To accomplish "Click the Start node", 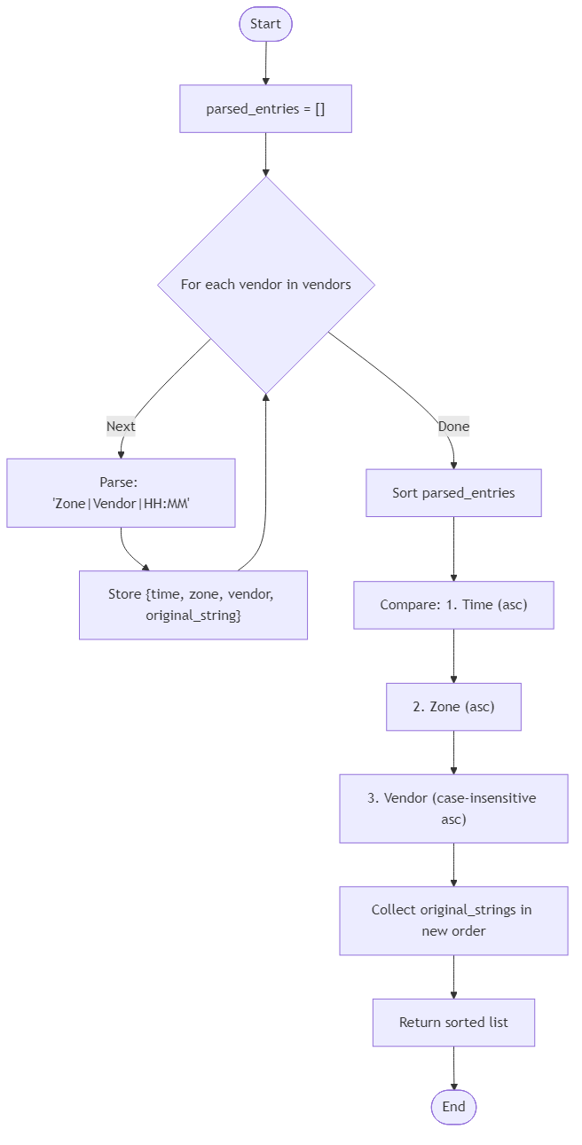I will pyautogui.click(x=265, y=24).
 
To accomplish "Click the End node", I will pyautogui.click(x=453, y=1107).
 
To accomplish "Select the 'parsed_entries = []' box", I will pyautogui.click(x=265, y=109).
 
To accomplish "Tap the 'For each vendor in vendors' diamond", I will pyautogui.click(x=265, y=285).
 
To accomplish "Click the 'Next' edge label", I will pyautogui.click(x=121, y=427).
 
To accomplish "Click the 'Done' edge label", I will pyautogui.click(x=453, y=427).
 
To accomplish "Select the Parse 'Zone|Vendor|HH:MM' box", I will pyautogui.click(x=121, y=493).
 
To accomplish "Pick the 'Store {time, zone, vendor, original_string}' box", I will pyautogui.click(x=193, y=605).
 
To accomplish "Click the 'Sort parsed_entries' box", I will pyautogui.click(x=453, y=493).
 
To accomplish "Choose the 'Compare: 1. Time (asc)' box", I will pyautogui.click(x=453, y=605).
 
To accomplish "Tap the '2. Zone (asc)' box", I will pyautogui.click(x=453, y=707).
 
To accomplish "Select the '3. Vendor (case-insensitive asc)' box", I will pyautogui.click(x=453, y=808).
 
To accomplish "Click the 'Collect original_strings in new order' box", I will pyautogui.click(x=453, y=921).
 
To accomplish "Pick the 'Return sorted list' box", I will pyautogui.click(x=453, y=1023).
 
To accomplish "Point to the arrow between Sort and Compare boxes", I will pyautogui.click(x=453, y=549).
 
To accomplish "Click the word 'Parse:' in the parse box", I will pyautogui.click(x=121, y=482).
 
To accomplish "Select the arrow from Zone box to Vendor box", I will pyautogui.click(x=453, y=752).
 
